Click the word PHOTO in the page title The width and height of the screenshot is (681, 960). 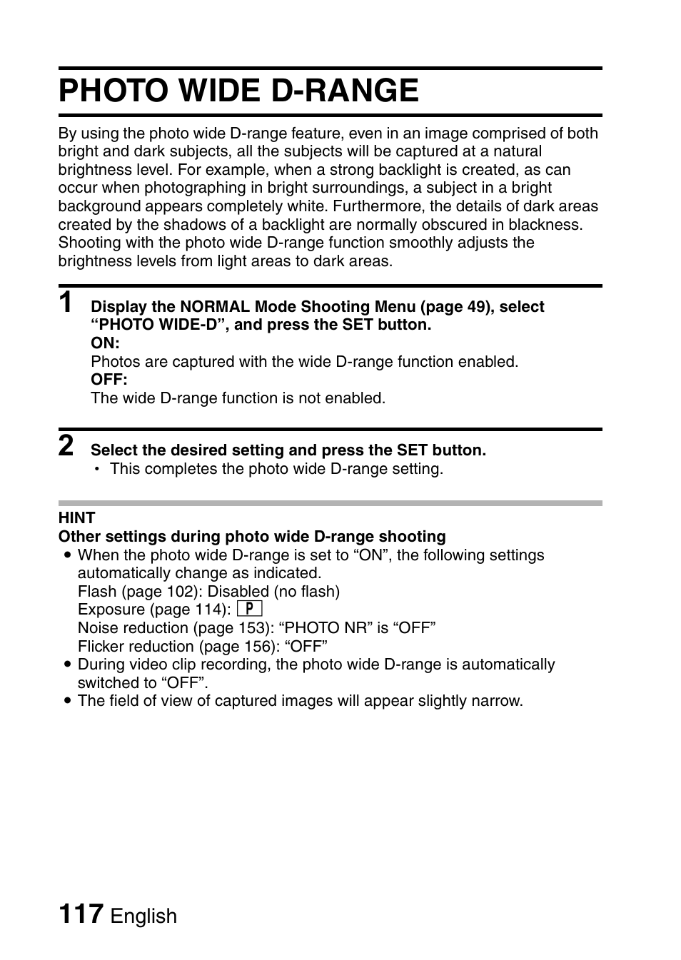113,91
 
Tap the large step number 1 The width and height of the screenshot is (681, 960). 66,303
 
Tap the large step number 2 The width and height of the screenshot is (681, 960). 66,446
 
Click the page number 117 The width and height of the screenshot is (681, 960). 81,914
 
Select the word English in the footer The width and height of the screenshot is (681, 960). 143,916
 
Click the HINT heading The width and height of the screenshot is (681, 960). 76,518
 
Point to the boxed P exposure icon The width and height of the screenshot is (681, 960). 249,609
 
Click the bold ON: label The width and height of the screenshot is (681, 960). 105,343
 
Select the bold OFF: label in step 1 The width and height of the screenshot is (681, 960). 109,380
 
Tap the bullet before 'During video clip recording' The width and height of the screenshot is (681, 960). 67,665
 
